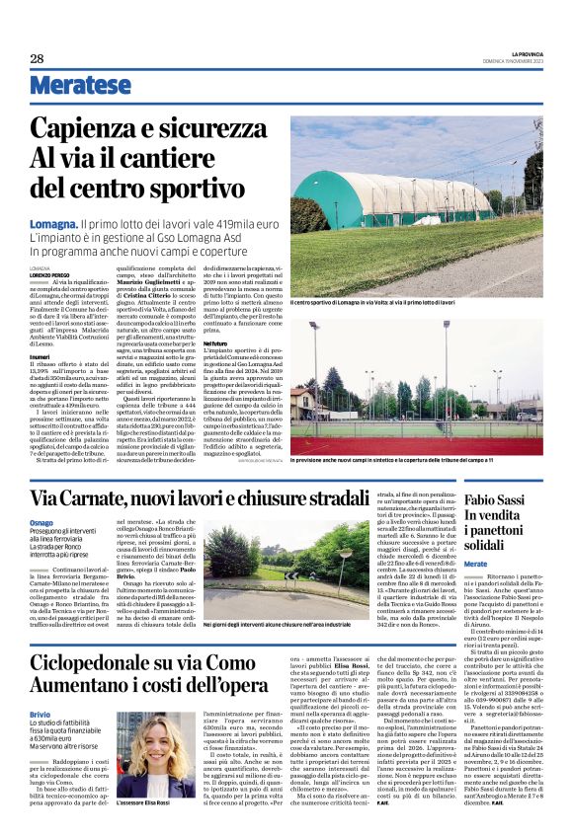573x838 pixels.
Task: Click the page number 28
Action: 38,58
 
